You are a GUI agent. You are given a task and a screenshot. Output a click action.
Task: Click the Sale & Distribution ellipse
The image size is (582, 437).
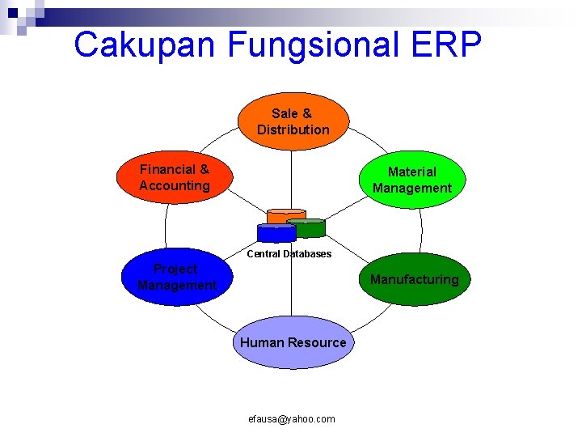click(293, 121)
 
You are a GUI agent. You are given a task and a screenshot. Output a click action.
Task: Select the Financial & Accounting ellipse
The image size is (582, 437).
click(175, 178)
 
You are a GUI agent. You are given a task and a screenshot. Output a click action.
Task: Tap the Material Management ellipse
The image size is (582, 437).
click(411, 180)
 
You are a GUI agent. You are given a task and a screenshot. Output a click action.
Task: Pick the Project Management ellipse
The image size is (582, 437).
click(176, 277)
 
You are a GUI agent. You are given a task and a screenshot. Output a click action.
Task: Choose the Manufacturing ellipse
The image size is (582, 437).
click(414, 280)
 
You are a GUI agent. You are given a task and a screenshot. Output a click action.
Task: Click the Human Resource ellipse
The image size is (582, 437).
click(293, 342)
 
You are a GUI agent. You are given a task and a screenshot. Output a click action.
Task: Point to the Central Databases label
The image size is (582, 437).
click(289, 254)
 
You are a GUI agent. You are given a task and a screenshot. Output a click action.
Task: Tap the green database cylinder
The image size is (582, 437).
click(306, 227)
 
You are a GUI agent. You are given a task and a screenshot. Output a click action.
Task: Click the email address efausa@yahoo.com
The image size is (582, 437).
click(293, 418)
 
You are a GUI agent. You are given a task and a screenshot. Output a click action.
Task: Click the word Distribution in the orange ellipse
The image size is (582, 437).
click(293, 129)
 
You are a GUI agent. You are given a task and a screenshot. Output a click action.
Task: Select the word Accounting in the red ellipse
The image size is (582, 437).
click(174, 185)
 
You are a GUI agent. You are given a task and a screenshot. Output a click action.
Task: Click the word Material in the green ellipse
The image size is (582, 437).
click(411, 172)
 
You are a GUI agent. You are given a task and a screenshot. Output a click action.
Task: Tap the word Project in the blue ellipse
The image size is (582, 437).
click(175, 269)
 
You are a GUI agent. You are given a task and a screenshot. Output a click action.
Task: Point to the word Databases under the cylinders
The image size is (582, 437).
click(306, 254)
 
